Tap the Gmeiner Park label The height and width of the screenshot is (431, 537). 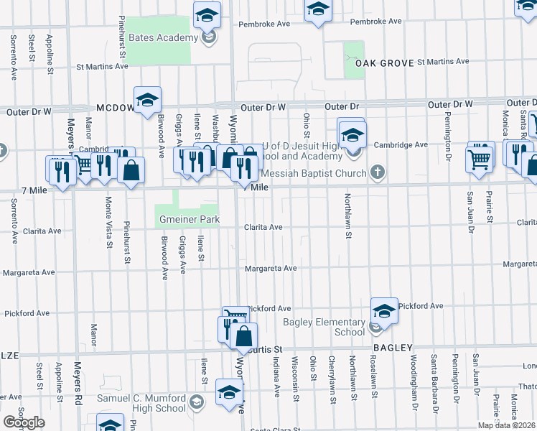pyautogui.click(x=187, y=218)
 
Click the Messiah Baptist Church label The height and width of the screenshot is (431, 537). pyautogui.click(x=315, y=173)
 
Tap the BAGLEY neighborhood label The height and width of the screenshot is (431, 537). pyautogui.click(x=391, y=347)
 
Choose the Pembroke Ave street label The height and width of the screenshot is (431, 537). pyautogui.click(x=375, y=22)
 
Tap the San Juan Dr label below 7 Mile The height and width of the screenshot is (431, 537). pyautogui.click(x=471, y=213)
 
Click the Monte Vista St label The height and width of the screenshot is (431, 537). pyautogui.click(x=109, y=222)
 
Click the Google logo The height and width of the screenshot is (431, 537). pyautogui.click(x=24, y=422)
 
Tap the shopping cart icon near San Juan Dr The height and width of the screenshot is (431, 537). pyautogui.click(x=480, y=157)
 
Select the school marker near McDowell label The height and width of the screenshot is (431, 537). pyautogui.click(x=147, y=101)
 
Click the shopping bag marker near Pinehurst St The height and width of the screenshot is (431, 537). pyautogui.click(x=131, y=170)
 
